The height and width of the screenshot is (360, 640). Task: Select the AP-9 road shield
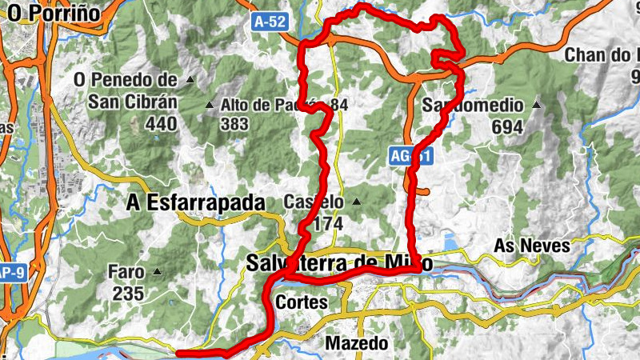tap(11, 272)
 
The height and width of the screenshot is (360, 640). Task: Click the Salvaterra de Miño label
tap(340, 263)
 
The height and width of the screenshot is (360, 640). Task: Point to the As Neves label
tap(532, 246)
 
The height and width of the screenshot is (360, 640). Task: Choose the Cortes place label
tap(301, 302)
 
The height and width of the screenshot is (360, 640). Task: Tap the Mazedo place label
tap(357, 343)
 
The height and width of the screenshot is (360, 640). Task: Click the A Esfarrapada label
tap(195, 204)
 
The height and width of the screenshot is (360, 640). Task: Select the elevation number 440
tap(162, 123)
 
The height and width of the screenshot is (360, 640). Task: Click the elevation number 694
tap(507, 127)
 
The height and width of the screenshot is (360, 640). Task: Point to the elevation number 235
tap(128, 294)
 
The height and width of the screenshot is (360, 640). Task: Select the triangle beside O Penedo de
tap(190, 80)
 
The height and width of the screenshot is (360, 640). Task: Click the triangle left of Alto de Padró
tap(210, 105)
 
